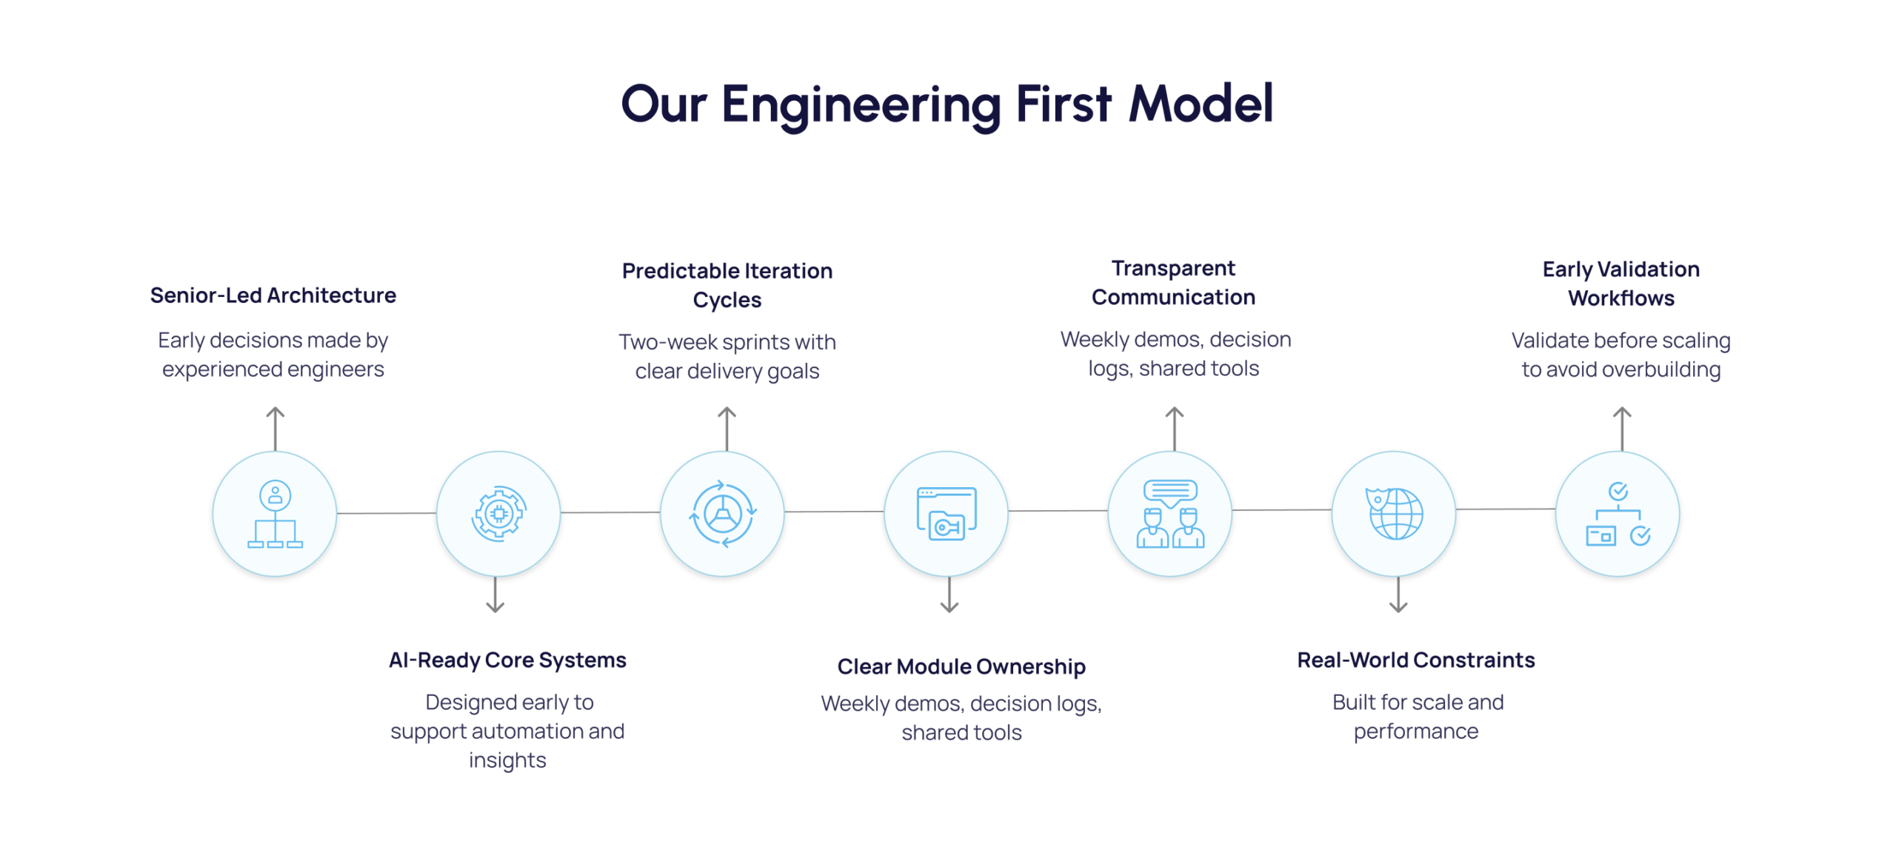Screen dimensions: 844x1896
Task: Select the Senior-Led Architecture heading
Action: (273, 295)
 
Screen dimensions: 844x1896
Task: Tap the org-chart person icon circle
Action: (275, 514)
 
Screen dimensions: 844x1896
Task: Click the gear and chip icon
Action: (498, 514)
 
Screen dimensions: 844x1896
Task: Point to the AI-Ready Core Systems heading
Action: (507, 660)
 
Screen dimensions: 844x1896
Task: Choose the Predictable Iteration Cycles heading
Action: (727, 285)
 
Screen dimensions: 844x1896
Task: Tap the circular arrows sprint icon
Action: (722, 514)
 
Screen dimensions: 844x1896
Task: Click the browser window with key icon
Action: (946, 514)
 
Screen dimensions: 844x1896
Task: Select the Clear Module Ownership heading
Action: (961, 666)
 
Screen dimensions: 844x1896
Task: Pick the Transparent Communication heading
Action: (1173, 282)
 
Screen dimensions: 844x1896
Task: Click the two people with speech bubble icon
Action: (1170, 514)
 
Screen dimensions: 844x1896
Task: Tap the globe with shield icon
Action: (1394, 514)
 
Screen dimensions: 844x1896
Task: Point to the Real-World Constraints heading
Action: (1415, 660)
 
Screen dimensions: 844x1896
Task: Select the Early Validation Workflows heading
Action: (1620, 284)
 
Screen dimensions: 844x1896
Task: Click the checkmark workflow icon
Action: (1618, 514)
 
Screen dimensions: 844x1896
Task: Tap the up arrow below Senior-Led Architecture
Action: (276, 427)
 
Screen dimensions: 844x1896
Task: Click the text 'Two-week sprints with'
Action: (727, 342)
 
